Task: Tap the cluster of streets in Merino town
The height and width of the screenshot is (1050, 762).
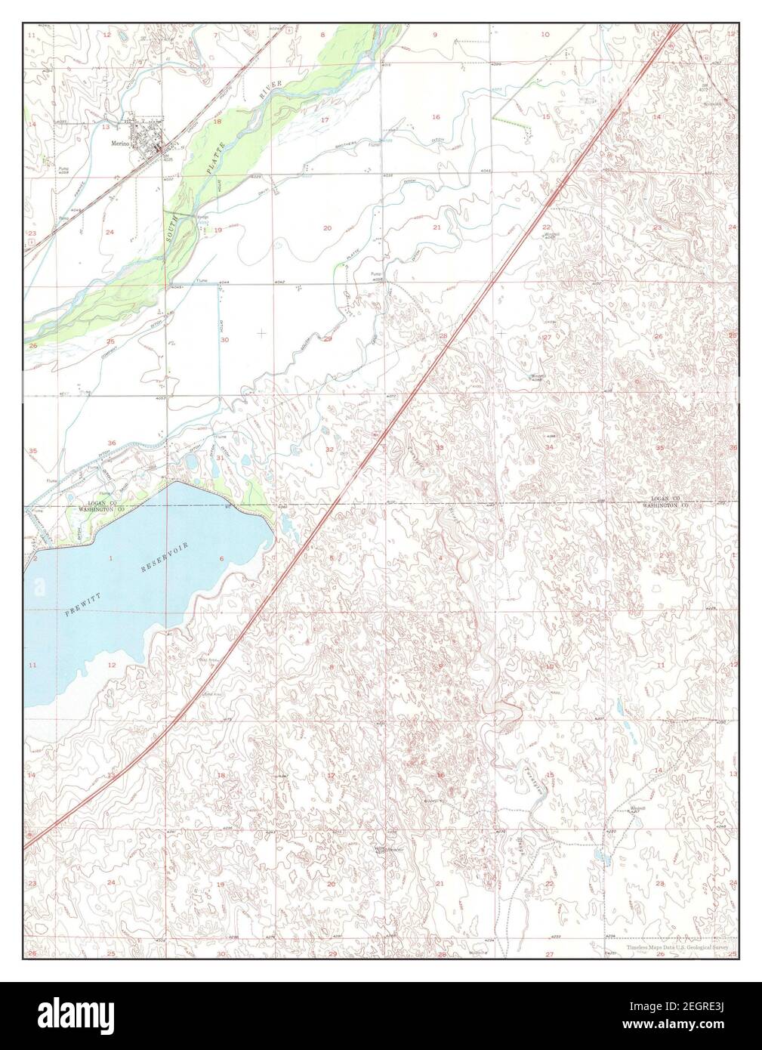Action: pos(147,138)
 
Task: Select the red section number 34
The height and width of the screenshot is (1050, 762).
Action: pos(549,448)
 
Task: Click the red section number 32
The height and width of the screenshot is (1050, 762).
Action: pos(330,449)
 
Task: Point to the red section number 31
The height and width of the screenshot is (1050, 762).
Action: pos(220,458)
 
